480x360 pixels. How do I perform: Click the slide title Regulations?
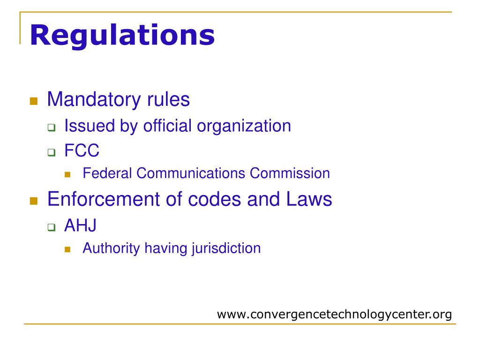(x=122, y=36)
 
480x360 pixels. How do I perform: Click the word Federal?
(x=108, y=173)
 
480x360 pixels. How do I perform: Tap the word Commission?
(x=290, y=173)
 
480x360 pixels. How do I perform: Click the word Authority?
(x=111, y=248)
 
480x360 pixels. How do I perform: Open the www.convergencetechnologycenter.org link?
(x=334, y=314)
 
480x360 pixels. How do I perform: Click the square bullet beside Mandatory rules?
(x=33, y=101)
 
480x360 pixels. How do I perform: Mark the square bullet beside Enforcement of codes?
(x=33, y=201)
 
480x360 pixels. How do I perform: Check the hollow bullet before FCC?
(x=51, y=152)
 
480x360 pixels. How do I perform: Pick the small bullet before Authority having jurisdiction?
(x=67, y=249)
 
